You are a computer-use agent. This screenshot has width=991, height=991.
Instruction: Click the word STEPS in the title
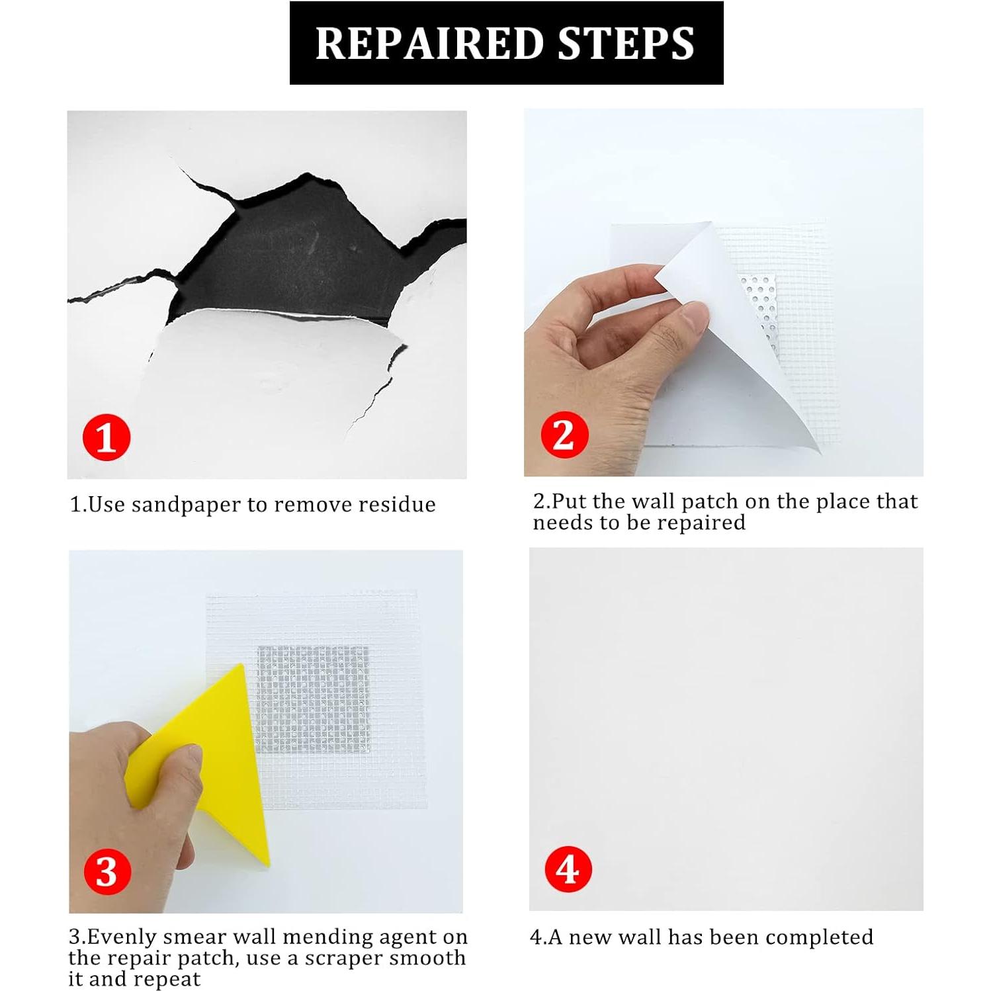coord(626,44)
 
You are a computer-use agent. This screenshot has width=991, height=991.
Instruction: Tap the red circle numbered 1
coord(107,438)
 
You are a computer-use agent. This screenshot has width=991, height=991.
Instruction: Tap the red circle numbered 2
coord(564,435)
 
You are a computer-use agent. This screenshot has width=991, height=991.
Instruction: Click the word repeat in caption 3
coord(166,980)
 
